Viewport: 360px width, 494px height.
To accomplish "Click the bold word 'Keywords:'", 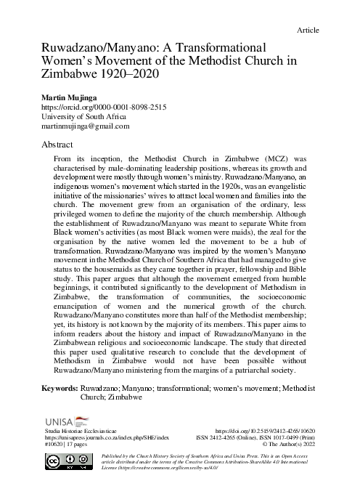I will coord(60,389).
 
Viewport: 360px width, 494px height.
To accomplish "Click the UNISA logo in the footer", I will coord(67,421).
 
